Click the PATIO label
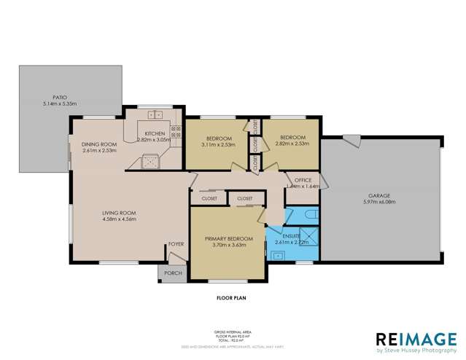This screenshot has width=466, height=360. click(59, 96)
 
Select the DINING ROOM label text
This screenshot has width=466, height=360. click(98, 144)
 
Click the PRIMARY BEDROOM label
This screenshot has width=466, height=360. click(228, 239)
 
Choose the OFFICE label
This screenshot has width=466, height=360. click(303, 179)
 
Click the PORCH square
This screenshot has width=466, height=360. click(173, 273)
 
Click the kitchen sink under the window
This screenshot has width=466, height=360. click(155, 114)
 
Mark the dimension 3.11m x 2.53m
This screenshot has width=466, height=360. click(218, 144)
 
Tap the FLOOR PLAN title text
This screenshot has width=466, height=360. click(231, 298)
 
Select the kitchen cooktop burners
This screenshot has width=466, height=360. click(175, 133)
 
